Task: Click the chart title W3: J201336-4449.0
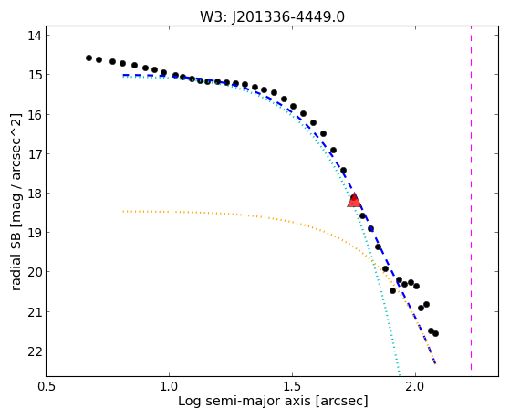click(272, 17)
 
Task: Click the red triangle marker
click(354, 201)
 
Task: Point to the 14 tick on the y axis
click(47, 36)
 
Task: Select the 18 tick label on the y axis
click(35, 193)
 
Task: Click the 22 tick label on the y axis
click(35, 351)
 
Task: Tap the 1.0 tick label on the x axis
click(169, 387)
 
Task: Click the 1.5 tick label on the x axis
click(292, 387)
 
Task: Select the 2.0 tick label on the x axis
click(416, 387)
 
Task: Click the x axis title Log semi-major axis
click(245, 401)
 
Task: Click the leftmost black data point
click(88, 58)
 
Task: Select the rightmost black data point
click(435, 333)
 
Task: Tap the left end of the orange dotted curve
click(123, 212)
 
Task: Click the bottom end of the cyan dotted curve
click(399, 373)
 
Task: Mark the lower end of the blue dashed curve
click(435, 363)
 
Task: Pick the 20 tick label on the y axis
click(35, 272)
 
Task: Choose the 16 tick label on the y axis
click(35, 114)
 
